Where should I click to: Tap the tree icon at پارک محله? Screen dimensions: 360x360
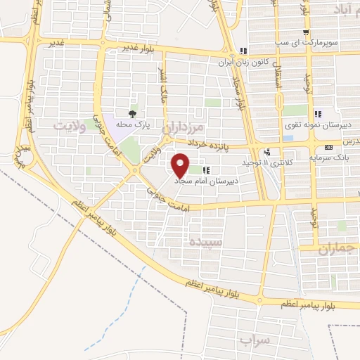(x=132, y=112)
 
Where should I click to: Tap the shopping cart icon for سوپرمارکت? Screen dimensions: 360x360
(x=305, y=32)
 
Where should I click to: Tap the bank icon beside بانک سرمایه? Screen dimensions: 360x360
(x=329, y=147)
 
